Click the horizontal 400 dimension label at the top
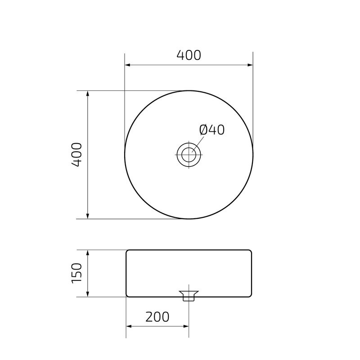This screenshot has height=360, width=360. click(x=189, y=55)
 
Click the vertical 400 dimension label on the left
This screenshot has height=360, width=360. click(x=77, y=155)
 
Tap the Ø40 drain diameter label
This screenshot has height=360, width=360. click(x=211, y=130)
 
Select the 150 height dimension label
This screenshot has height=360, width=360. click(x=77, y=273)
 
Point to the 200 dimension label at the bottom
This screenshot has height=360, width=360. click(x=157, y=317)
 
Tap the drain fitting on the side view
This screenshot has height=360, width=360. click(x=189, y=295)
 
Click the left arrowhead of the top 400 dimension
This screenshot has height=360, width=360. click(x=128, y=65)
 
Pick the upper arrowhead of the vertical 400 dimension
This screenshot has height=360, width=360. click(x=88, y=94)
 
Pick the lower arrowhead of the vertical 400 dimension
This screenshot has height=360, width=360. click(x=88, y=216)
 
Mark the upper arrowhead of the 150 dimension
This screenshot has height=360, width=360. click(x=88, y=253)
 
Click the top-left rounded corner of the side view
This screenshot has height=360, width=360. click(x=128, y=252)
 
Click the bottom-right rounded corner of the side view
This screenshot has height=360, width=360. click(x=249, y=295)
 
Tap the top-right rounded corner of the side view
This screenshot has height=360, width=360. click(x=249, y=252)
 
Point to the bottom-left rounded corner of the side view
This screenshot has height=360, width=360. click(x=128, y=295)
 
